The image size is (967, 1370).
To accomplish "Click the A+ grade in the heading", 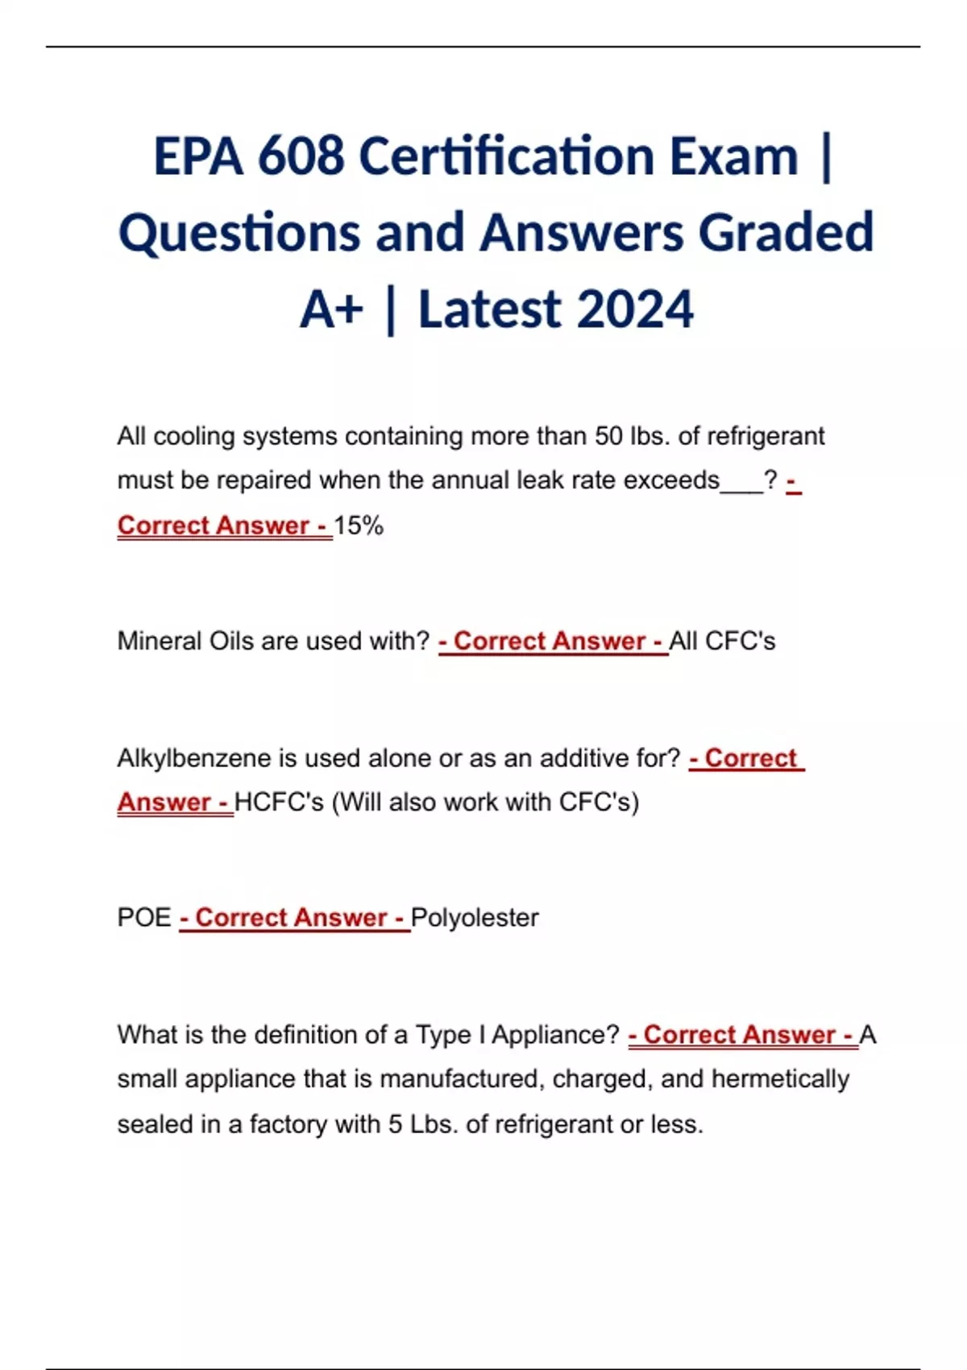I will coord(331,310).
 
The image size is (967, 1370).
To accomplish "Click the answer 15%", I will coord(359,525).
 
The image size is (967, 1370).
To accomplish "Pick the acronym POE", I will coord(144,918).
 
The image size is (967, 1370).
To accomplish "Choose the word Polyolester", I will coord(475,918).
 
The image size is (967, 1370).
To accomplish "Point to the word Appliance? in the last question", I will coord(555,1035).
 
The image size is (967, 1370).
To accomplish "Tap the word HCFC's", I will coord(279,803).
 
